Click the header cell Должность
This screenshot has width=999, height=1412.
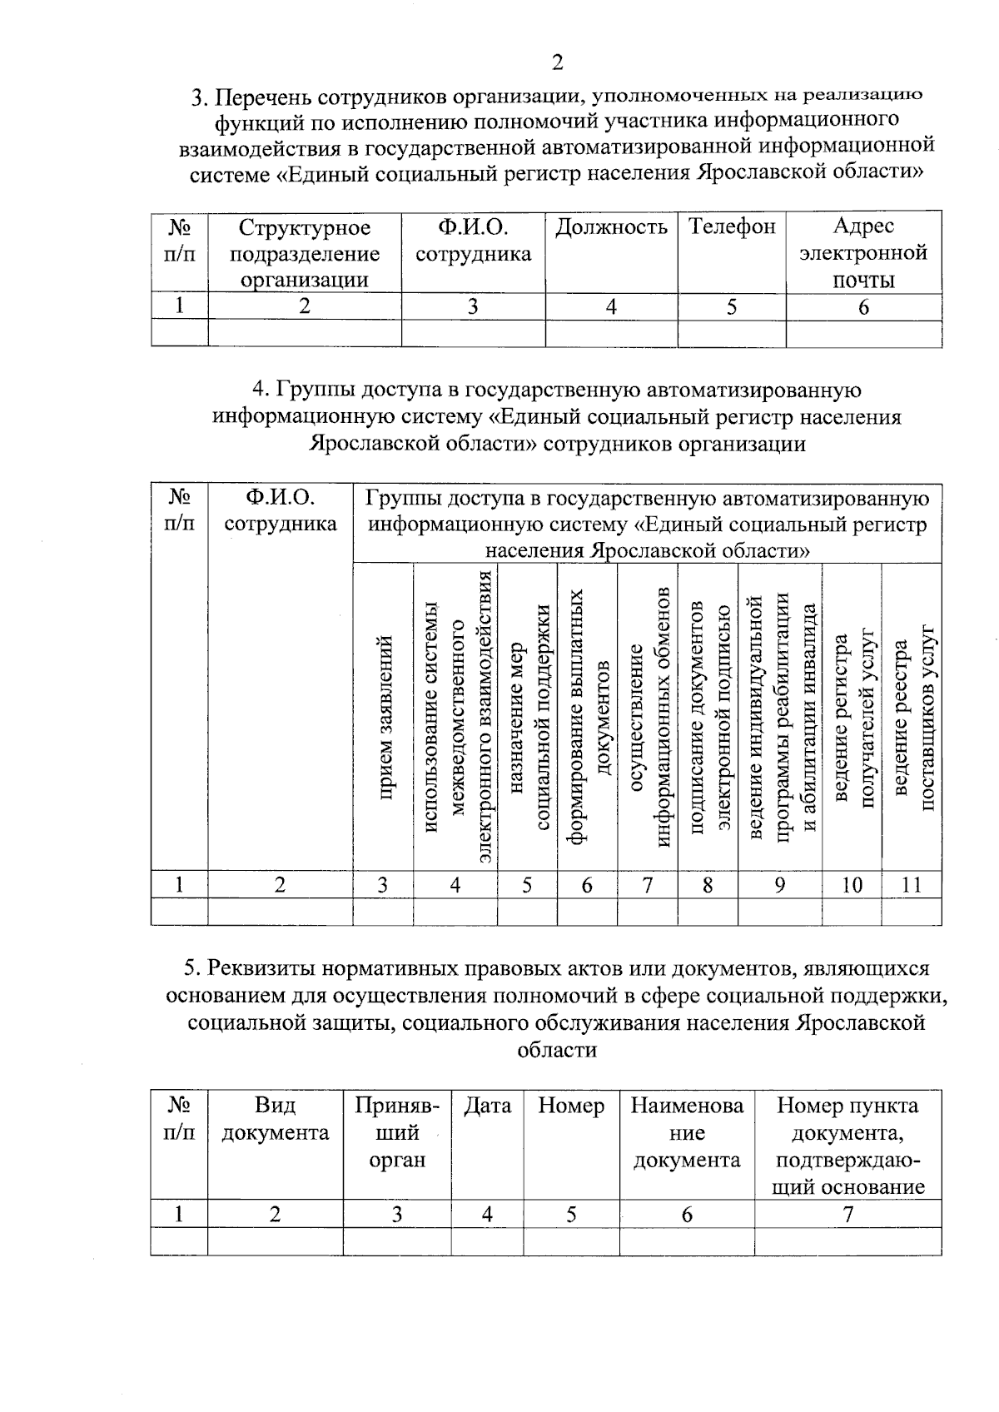pyautogui.click(x=611, y=227)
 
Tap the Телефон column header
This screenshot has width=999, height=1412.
pyautogui.click(x=732, y=226)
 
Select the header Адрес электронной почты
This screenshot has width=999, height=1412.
pyautogui.click(x=863, y=253)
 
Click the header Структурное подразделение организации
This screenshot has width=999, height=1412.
pyautogui.click(x=305, y=253)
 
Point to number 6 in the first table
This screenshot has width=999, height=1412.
pyautogui.click(x=863, y=307)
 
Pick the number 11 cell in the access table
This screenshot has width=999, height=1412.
pyautogui.click(x=912, y=885)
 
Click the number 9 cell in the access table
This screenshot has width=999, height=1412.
pyautogui.click(x=779, y=885)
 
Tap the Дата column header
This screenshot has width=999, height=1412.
pyautogui.click(x=487, y=1106)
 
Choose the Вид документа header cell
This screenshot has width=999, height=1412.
pyautogui.click(x=275, y=1120)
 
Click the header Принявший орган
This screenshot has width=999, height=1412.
pyautogui.click(x=397, y=1133)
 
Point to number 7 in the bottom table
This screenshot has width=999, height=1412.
pyautogui.click(x=847, y=1215)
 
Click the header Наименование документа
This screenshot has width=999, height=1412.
pyautogui.click(x=687, y=1133)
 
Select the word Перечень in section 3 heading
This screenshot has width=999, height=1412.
pyautogui.click(x=257, y=98)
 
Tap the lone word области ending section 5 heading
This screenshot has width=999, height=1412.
pyautogui.click(x=557, y=1050)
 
